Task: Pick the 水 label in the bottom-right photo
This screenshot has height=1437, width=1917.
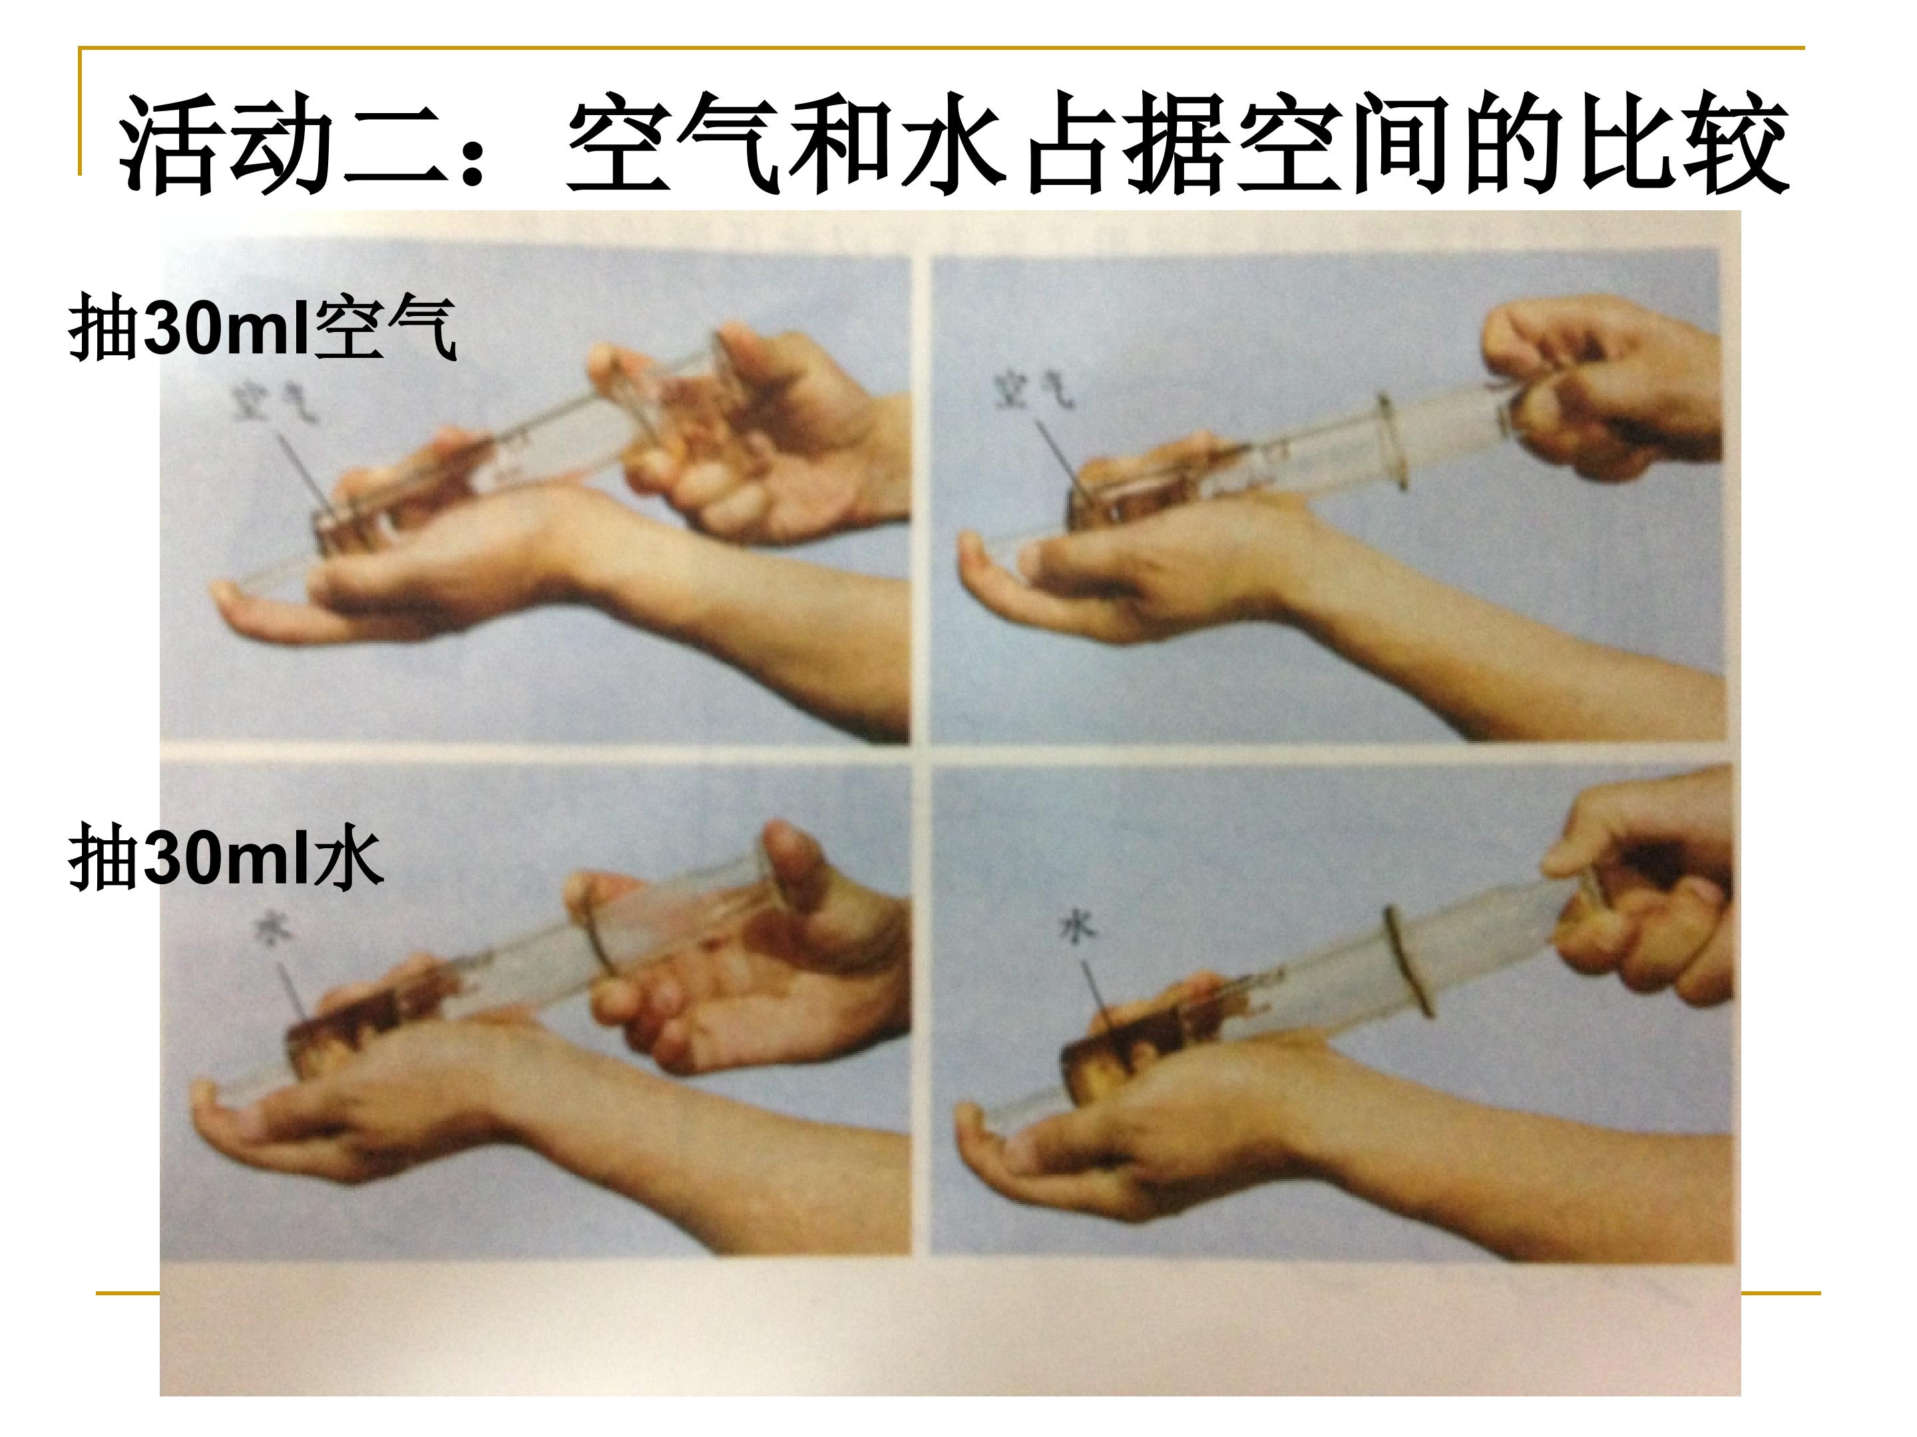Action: pyautogui.click(x=1078, y=927)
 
